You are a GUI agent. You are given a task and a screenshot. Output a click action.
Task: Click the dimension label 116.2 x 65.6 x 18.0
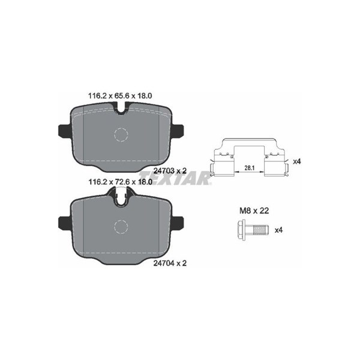click(120, 96)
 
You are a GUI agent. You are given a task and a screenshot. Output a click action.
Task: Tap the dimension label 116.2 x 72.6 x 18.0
click(121, 182)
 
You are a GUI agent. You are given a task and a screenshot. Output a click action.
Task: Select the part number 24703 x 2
click(170, 171)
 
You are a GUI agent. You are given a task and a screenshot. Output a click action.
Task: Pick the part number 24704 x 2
click(170, 263)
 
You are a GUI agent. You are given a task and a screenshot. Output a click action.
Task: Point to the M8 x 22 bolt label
click(254, 211)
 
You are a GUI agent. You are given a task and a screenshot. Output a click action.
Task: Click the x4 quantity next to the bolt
click(278, 230)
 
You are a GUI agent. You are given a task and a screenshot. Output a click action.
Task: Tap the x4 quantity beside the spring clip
click(297, 161)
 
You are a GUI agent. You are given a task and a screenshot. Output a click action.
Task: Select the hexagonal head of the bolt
click(241, 229)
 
